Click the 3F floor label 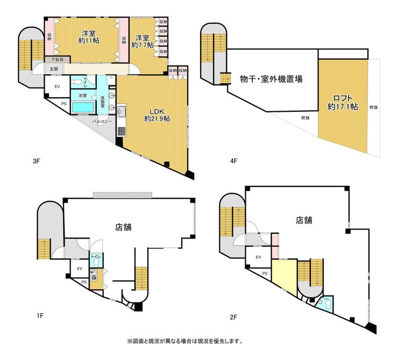click(x=36, y=160)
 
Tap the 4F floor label click(x=234, y=160)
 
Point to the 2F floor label click(x=234, y=317)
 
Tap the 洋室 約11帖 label click(x=88, y=37)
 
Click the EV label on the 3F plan click(x=57, y=86)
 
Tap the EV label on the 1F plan click(x=80, y=269)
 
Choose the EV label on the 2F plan click(x=258, y=257)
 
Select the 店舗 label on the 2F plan click(x=303, y=220)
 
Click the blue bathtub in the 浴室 click(x=83, y=106)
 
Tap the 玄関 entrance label click(x=54, y=69)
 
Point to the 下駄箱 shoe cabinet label click(x=58, y=60)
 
